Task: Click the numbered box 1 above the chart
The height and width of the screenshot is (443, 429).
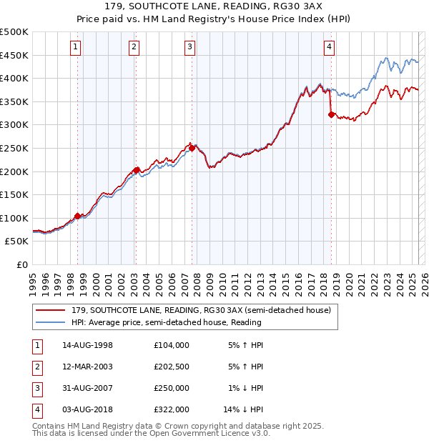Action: click(76, 48)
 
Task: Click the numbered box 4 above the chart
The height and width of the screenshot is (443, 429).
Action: click(329, 48)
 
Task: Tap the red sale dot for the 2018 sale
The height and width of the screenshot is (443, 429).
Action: click(331, 114)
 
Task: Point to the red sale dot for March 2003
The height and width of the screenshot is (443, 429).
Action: click(136, 170)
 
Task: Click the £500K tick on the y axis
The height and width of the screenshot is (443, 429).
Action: click(14, 32)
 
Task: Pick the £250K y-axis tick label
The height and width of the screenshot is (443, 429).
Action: click(14, 148)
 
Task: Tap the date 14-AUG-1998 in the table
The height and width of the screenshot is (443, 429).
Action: click(87, 345)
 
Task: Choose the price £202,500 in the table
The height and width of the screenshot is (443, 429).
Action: click(171, 367)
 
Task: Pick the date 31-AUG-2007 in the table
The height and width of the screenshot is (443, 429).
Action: click(87, 388)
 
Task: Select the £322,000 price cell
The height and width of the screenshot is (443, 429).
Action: click(171, 409)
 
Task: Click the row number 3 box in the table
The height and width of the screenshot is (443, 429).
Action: click(36, 388)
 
